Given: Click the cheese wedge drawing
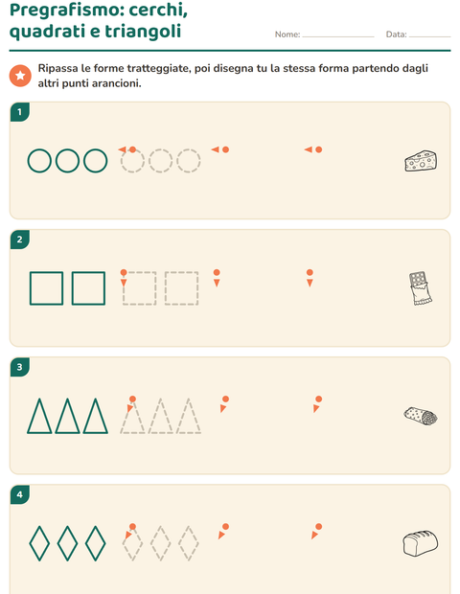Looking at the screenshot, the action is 421,161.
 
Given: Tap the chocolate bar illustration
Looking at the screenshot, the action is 420,288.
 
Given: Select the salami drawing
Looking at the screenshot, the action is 421,417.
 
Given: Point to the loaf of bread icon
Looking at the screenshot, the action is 420,543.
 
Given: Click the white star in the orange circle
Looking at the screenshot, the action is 20,76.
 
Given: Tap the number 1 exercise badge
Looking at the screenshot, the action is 20,112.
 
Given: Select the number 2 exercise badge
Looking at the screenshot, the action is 20,240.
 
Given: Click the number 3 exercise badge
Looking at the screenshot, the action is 20,367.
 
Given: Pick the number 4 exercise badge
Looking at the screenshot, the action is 20,494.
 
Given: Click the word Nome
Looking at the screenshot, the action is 287,34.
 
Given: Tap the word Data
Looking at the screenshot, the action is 396,34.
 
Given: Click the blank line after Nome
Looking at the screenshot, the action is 338,36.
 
